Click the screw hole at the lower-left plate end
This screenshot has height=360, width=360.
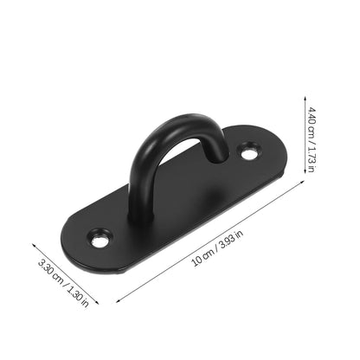[101, 236]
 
